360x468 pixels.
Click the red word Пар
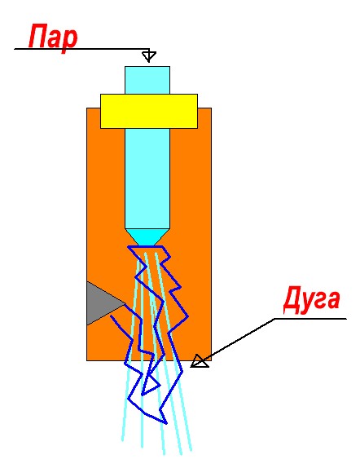(x=53, y=38)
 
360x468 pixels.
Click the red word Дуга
(x=312, y=300)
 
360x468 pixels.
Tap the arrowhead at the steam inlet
(x=149, y=56)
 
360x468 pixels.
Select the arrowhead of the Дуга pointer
(x=200, y=361)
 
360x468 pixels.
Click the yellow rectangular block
(x=149, y=112)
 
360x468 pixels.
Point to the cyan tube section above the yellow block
(x=147, y=80)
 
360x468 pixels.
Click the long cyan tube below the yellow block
(x=147, y=179)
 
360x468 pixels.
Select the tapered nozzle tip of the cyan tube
(x=147, y=237)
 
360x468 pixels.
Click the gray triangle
(x=102, y=303)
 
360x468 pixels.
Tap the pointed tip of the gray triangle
(x=125, y=304)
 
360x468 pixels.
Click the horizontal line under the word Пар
(x=81, y=49)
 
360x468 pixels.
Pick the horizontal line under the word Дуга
(x=310, y=319)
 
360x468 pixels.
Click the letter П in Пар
(x=39, y=36)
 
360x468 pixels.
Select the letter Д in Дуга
(x=293, y=300)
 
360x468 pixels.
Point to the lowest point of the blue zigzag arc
(x=166, y=423)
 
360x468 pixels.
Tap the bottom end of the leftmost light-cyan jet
(x=122, y=440)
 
